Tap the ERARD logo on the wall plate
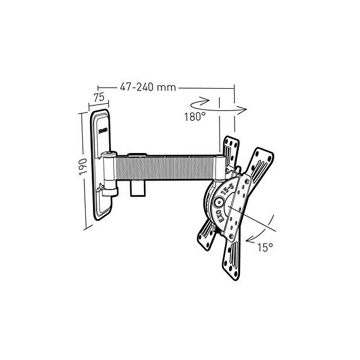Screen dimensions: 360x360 pos(103,130)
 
